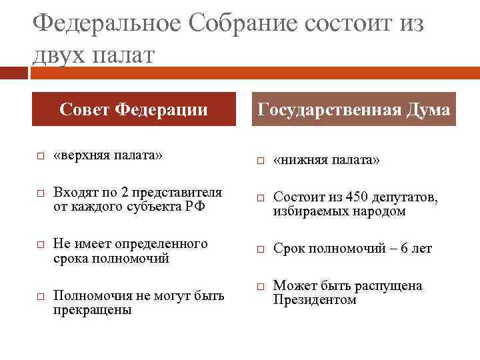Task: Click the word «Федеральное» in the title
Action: point(106,24)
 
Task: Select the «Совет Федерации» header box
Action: point(133,109)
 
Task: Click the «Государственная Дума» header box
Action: point(353,109)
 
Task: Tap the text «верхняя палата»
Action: point(108,156)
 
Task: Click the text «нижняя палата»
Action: point(327,161)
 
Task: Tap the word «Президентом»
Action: point(315,299)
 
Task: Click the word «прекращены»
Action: point(92,309)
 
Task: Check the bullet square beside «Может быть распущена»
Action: point(261,287)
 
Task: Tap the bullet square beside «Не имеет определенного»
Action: point(40,245)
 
